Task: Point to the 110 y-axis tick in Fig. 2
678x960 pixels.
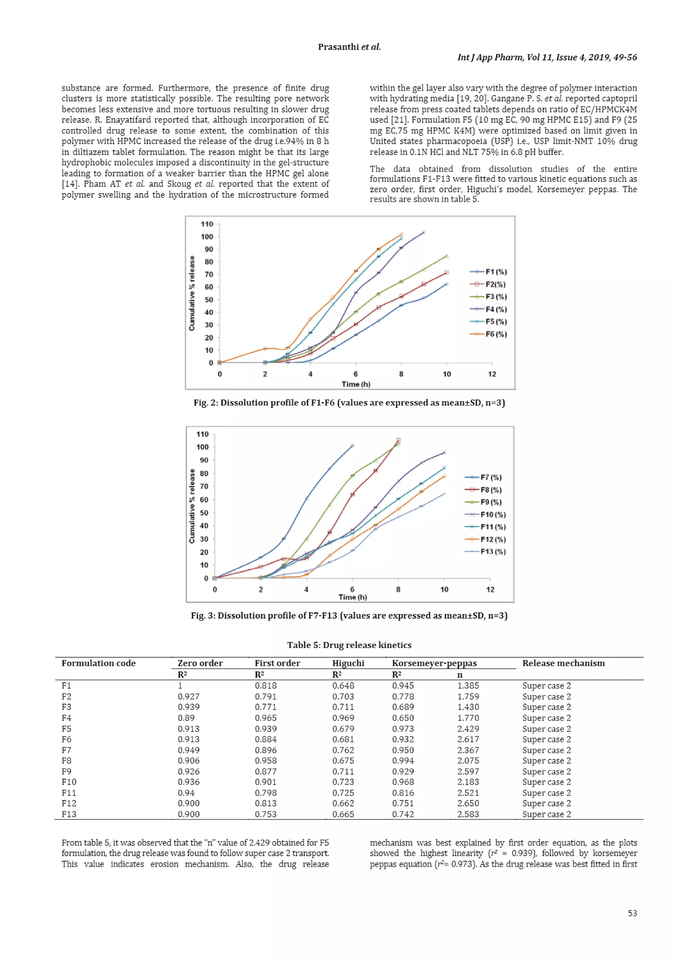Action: pos(207,224)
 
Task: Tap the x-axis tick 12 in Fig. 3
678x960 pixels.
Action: pos(490,590)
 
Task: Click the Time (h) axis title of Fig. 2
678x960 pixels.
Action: pos(356,384)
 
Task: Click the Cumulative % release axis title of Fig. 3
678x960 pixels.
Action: pos(192,506)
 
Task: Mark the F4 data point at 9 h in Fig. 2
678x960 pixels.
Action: pos(424,233)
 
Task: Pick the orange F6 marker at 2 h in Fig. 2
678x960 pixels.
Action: pos(265,348)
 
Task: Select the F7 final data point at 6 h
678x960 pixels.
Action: pos(352,446)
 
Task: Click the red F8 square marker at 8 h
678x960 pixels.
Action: pos(398,440)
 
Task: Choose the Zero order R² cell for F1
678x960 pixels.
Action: pos(180,685)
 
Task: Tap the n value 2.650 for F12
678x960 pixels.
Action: pos(467,803)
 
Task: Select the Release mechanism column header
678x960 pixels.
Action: pos(563,663)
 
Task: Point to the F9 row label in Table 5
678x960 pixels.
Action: pos(67,772)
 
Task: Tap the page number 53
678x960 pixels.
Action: pos(632,913)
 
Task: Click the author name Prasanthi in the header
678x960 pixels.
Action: pos(338,47)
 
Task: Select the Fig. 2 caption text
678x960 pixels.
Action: pos(349,402)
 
